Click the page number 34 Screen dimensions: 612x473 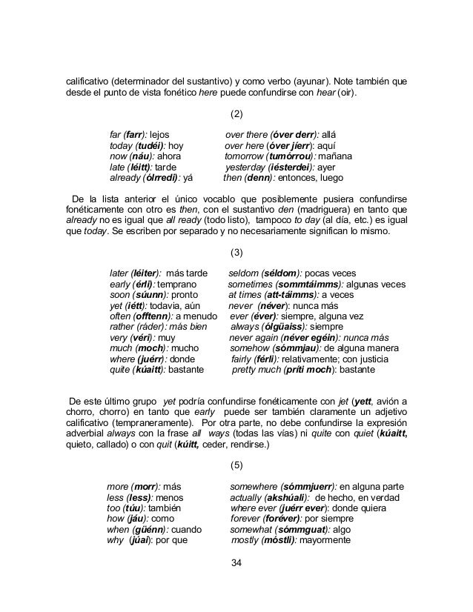click(236, 565)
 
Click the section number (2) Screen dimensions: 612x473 click(236, 114)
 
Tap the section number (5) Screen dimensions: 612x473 click(236, 465)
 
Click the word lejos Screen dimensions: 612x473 click(160, 136)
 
